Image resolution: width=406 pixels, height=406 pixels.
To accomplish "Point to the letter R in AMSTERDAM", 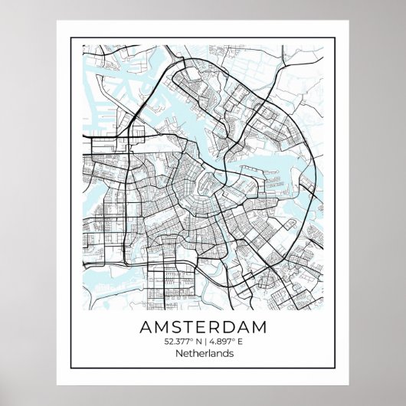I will pyautogui.click(x=220, y=326).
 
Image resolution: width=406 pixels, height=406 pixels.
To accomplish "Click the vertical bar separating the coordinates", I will pyautogui.click(x=203, y=342).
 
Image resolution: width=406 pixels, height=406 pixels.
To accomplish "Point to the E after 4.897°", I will pyautogui.click(x=239, y=342).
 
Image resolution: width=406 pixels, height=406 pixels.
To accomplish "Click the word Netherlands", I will pyautogui.click(x=204, y=353).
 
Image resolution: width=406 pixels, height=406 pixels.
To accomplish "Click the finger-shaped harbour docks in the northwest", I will pyautogui.click(x=103, y=84).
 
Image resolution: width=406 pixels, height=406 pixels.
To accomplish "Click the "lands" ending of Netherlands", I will pyautogui.click(x=220, y=353).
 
